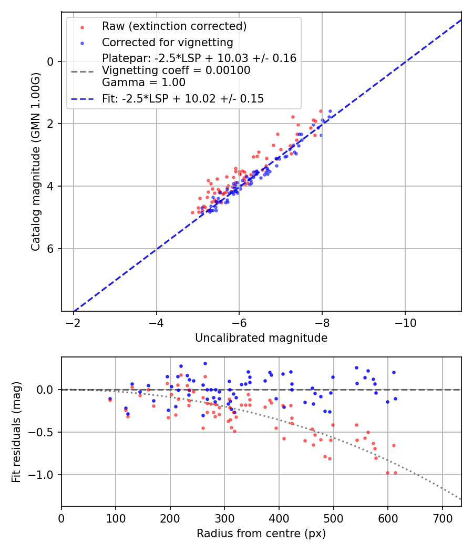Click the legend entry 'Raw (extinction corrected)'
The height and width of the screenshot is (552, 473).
pyautogui.click(x=174, y=26)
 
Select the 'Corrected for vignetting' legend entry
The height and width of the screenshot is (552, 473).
pyautogui.click(x=167, y=42)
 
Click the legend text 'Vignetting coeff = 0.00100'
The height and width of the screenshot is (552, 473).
pyautogui.click(x=176, y=70)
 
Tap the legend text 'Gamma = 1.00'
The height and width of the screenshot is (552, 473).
pyautogui.click(x=143, y=83)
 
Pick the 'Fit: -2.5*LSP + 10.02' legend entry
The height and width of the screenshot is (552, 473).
pyautogui.click(x=182, y=98)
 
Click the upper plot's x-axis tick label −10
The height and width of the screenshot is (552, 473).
pyautogui.click(x=405, y=322)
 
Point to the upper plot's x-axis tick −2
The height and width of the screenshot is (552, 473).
pyautogui.click(x=74, y=322)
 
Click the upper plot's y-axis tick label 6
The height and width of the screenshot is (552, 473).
pyautogui.click(x=51, y=248)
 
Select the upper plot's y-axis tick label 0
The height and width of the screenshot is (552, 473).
pyautogui.click(x=51, y=62)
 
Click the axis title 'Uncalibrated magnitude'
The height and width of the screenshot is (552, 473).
pyautogui.click(x=261, y=338)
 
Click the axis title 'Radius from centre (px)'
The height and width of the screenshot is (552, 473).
pyautogui.click(x=261, y=534)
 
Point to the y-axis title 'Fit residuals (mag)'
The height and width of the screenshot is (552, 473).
pyautogui.click(x=16, y=432)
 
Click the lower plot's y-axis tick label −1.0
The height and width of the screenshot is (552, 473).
pyautogui.click(x=45, y=475)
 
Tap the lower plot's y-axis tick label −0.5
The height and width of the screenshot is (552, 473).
pyautogui.click(x=45, y=432)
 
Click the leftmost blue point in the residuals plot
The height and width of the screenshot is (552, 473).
pyautogui.click(x=110, y=398)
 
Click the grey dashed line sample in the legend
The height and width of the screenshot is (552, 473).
pyautogui.click(x=82, y=70)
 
